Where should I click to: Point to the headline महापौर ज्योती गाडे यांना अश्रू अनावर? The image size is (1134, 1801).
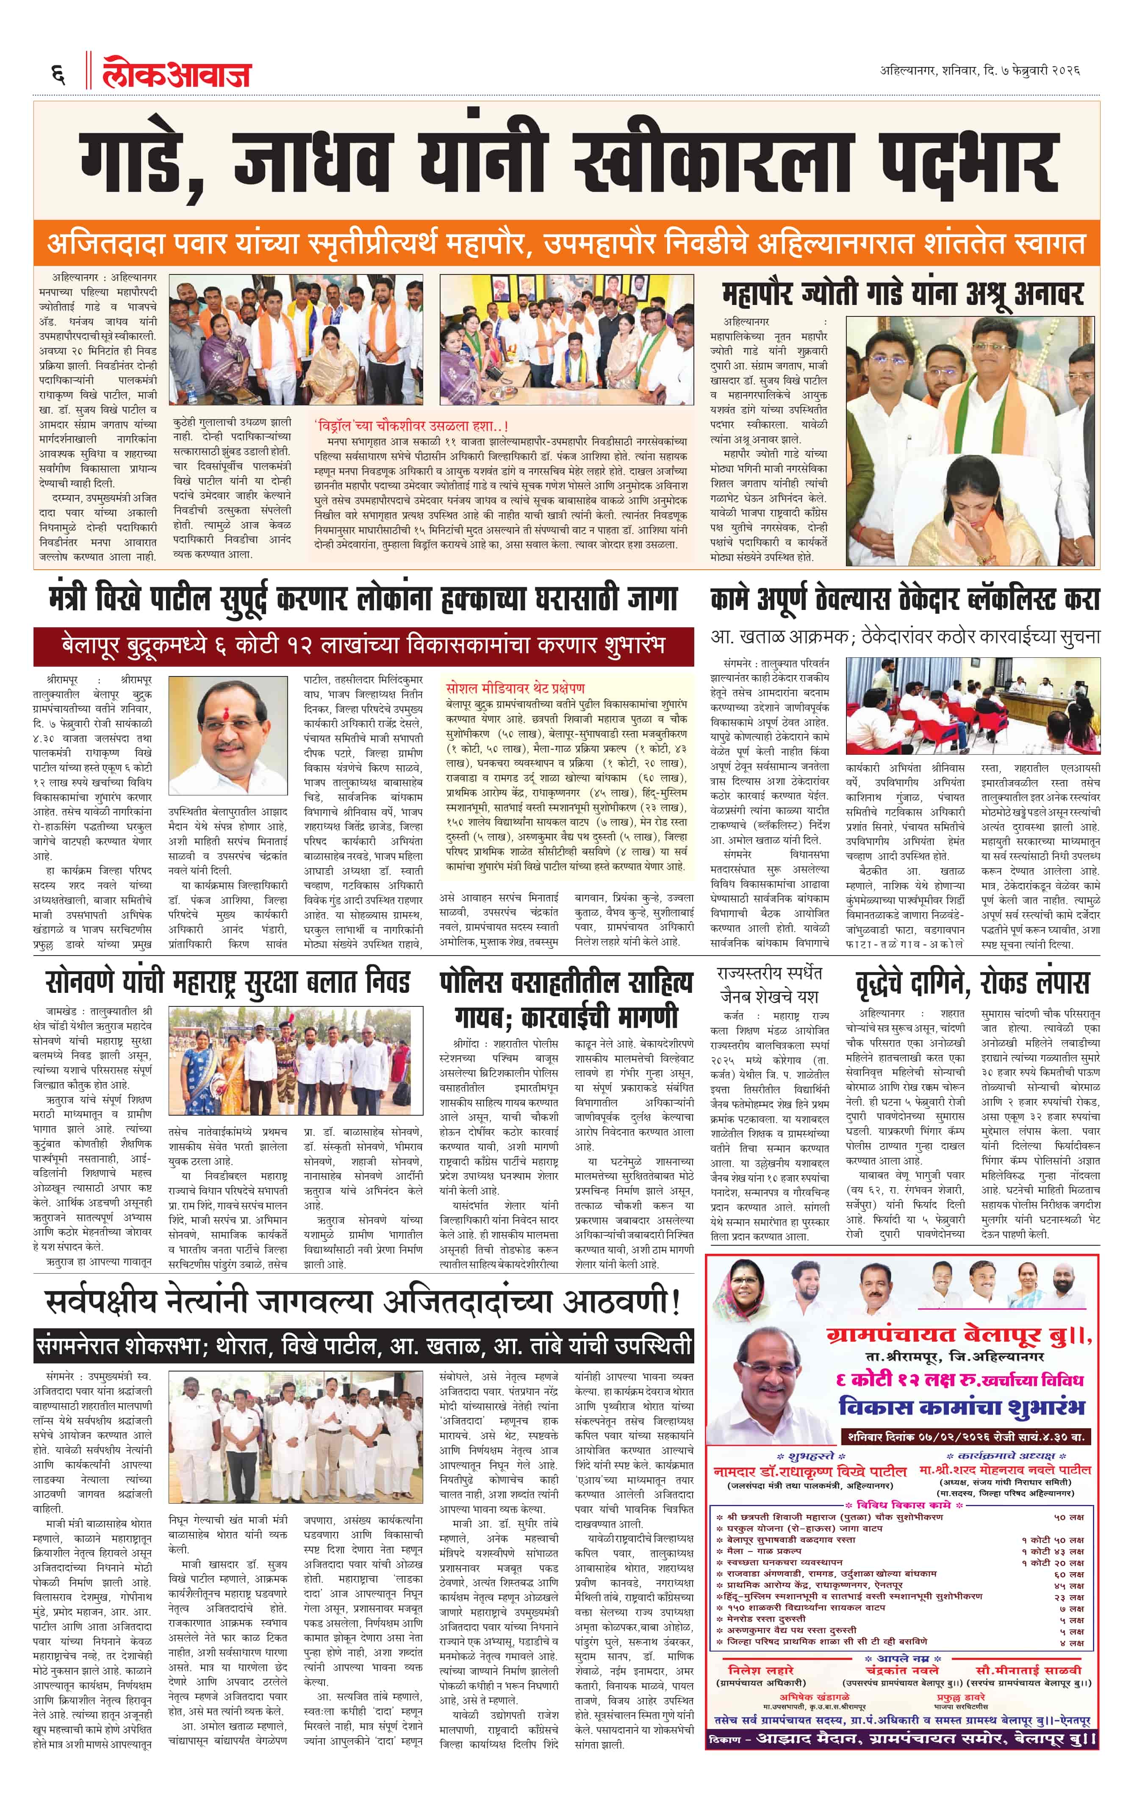tap(901, 294)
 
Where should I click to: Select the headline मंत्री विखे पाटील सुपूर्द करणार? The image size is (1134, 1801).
tap(362, 599)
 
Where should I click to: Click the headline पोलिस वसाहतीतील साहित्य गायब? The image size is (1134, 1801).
tap(566, 999)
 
